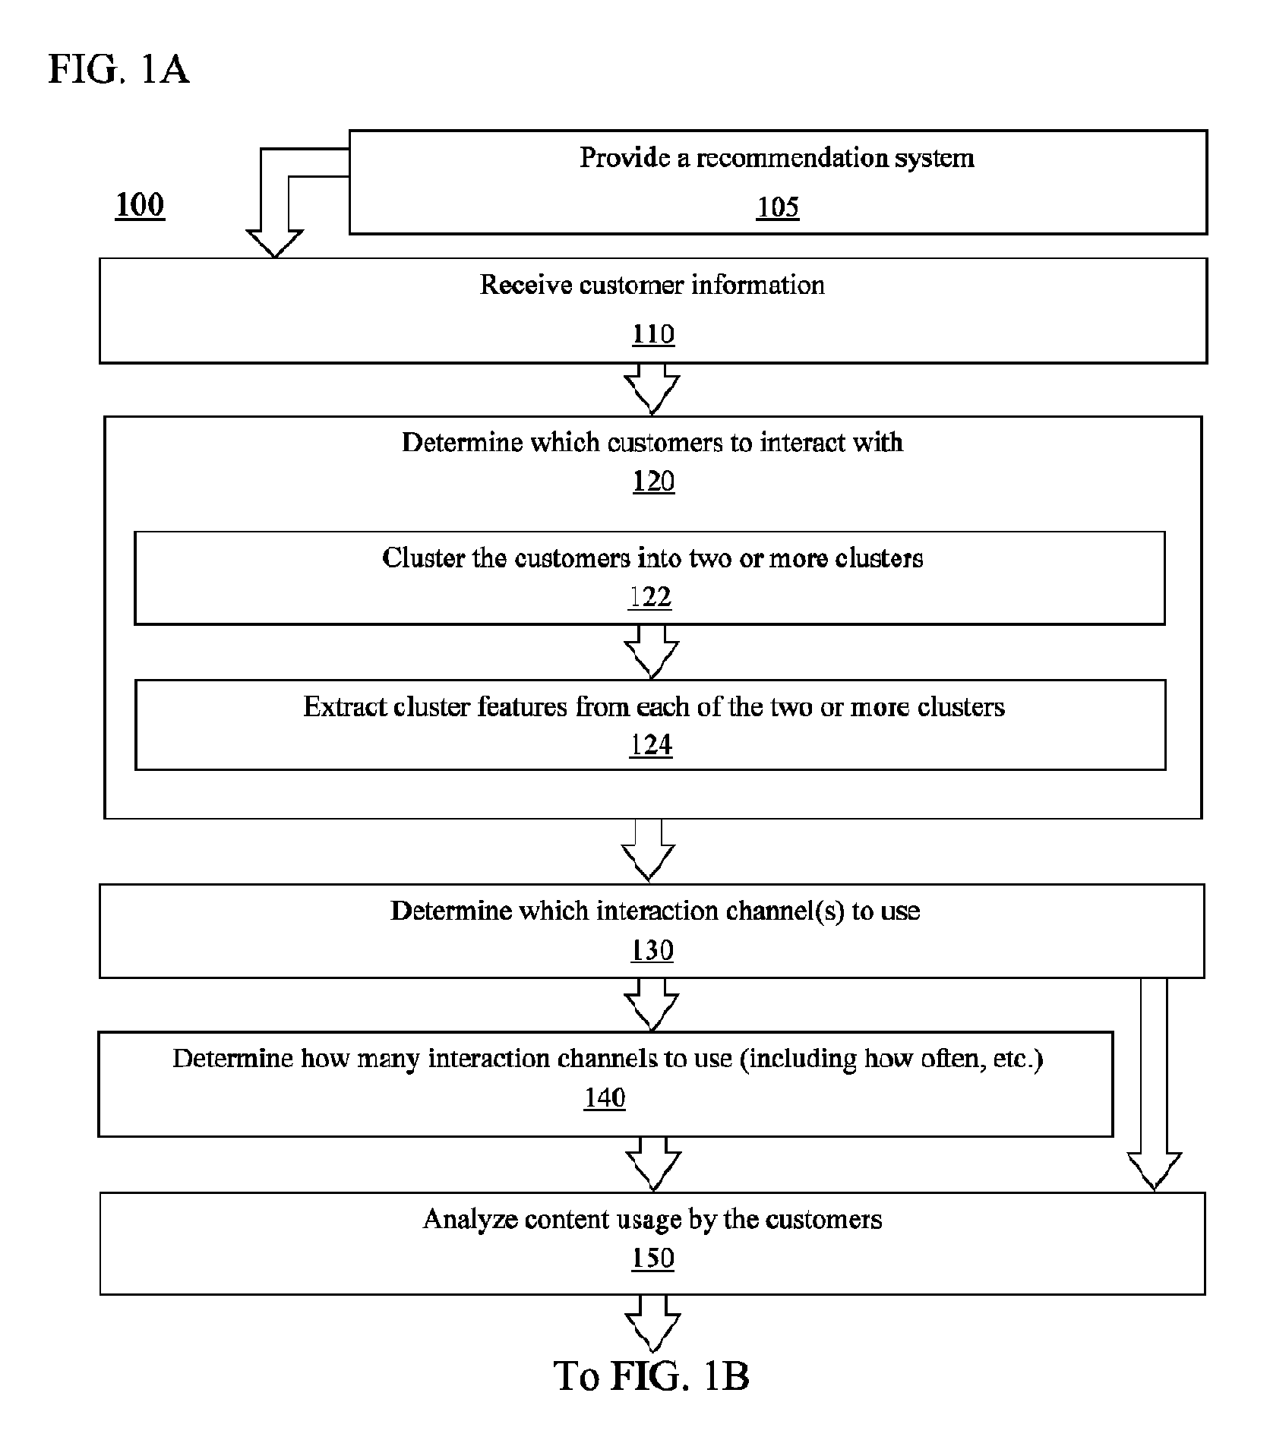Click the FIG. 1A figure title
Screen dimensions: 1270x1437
point(118,70)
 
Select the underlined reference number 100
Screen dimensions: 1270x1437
point(140,205)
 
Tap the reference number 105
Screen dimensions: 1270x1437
point(778,207)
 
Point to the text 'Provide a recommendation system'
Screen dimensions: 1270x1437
point(777,158)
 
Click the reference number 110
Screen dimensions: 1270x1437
point(653,334)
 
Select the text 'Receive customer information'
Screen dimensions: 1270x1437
point(652,285)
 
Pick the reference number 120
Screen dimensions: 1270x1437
point(654,481)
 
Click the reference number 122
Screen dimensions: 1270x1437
point(650,597)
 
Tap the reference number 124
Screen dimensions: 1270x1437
point(651,745)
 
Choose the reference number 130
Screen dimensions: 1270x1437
point(652,950)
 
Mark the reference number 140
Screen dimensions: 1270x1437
point(605,1097)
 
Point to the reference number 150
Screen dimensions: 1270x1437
point(653,1259)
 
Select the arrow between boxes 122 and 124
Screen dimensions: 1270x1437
point(651,652)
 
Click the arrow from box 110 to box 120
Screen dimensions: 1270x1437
point(652,389)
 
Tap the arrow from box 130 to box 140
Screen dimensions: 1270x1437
point(652,1004)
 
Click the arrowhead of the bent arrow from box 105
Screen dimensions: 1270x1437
point(275,243)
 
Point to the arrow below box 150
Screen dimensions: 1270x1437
point(652,1323)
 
